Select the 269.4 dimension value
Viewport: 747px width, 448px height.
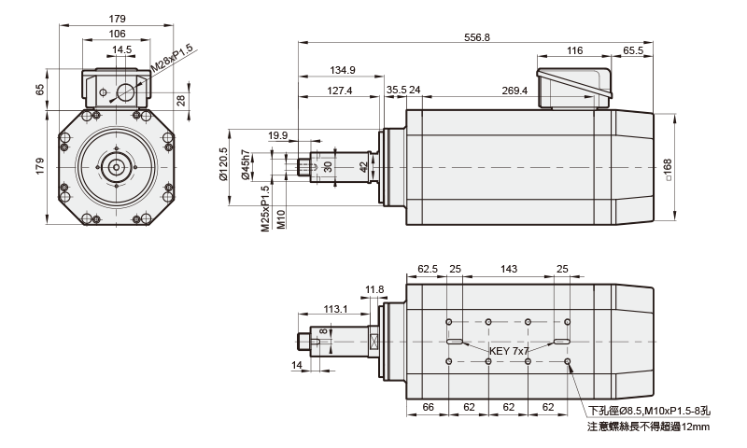click(x=514, y=91)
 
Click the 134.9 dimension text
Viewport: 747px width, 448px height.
click(x=343, y=70)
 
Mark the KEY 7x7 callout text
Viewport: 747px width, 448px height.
click(x=509, y=351)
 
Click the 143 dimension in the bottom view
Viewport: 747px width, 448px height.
click(x=509, y=269)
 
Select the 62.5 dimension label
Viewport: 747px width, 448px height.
click(x=428, y=269)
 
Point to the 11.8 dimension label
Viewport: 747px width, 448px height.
click(x=374, y=289)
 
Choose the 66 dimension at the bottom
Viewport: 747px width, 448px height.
click(x=430, y=408)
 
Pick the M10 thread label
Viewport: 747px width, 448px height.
click(x=281, y=218)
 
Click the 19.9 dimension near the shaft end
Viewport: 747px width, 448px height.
click(x=278, y=135)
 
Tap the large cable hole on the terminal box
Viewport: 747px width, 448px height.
click(x=123, y=91)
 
